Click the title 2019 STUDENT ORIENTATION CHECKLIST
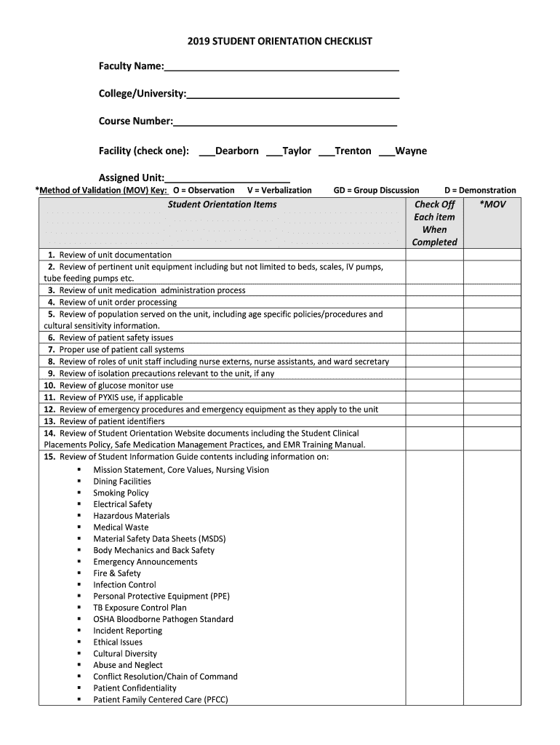click(x=279, y=41)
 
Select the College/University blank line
click(x=292, y=95)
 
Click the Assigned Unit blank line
click(x=228, y=178)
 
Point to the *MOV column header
click(x=492, y=204)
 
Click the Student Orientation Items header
click(x=222, y=204)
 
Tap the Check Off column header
click(x=434, y=223)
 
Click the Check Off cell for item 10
click(x=434, y=386)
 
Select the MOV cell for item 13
click(x=492, y=421)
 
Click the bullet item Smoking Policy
click(x=121, y=493)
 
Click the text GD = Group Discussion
click(x=376, y=191)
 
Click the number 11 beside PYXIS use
click(x=49, y=397)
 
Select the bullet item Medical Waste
click(x=121, y=527)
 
